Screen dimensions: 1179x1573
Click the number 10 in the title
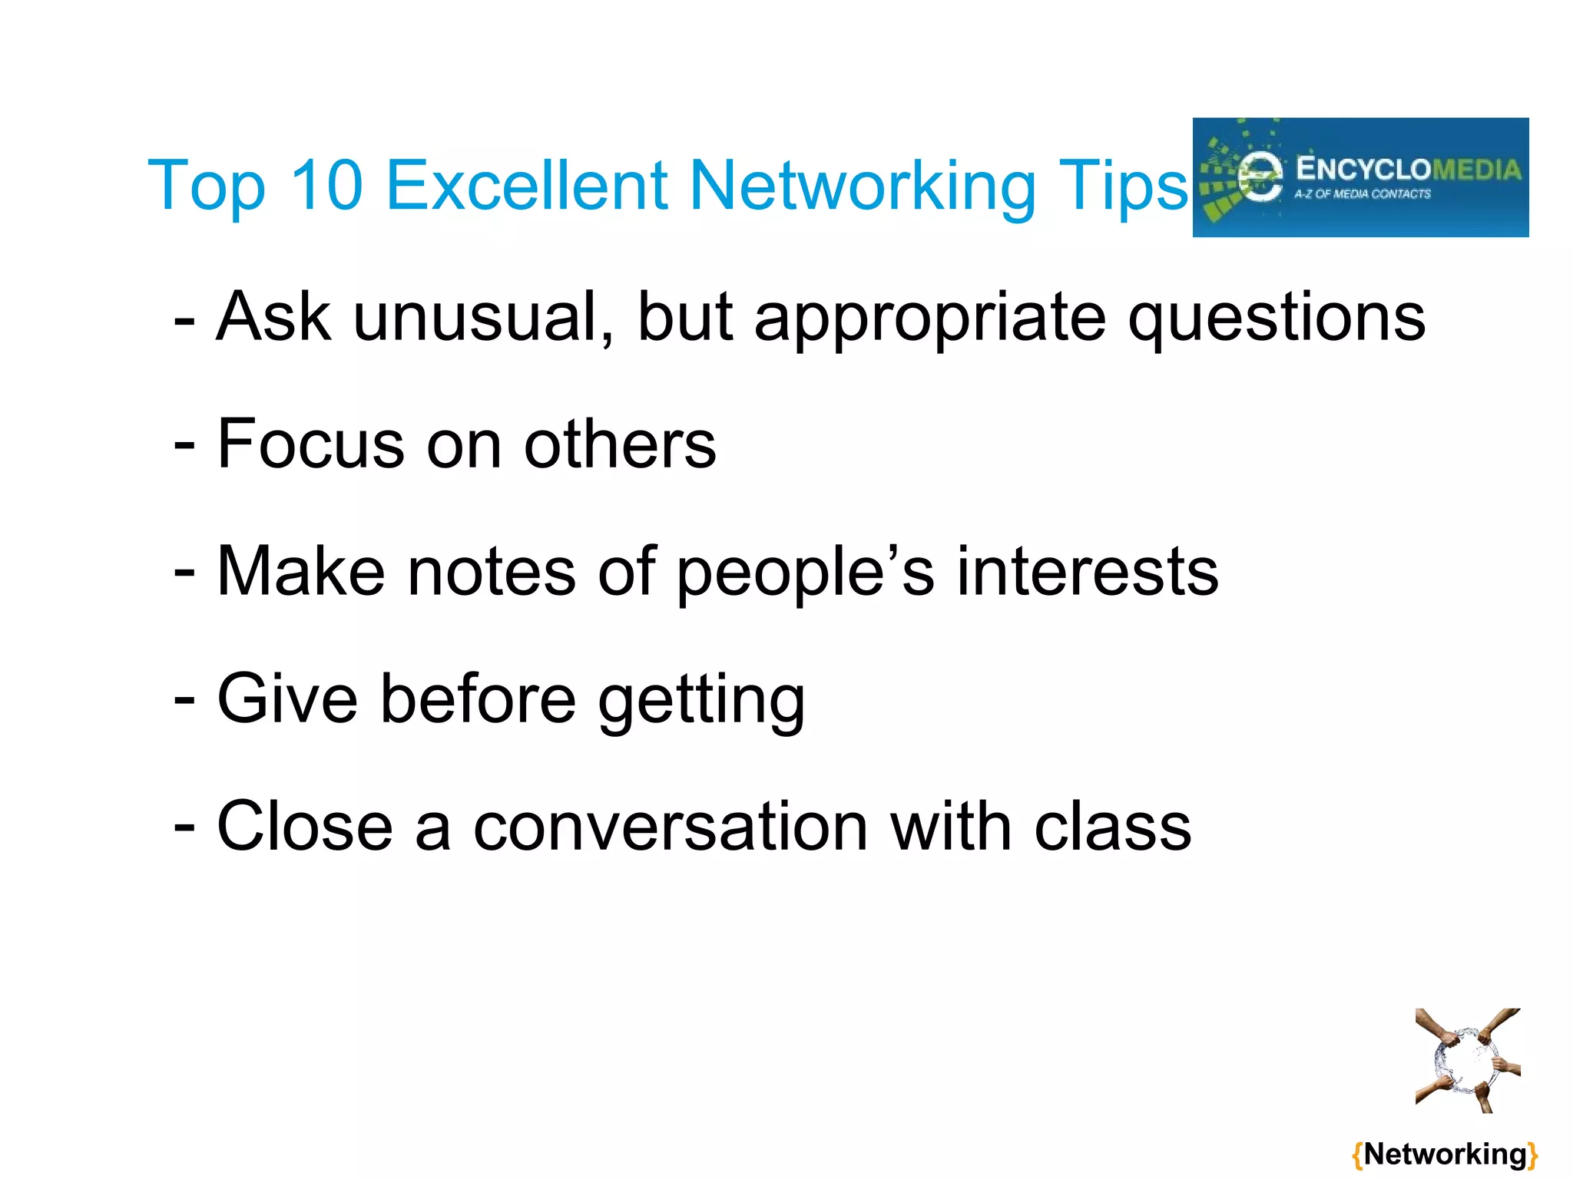coord(326,185)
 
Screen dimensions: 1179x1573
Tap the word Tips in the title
coord(1122,187)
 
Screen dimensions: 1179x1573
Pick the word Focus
coord(310,444)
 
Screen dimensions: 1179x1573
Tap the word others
coord(620,444)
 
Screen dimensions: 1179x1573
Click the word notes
coord(492,572)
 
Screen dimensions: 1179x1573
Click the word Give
coord(287,699)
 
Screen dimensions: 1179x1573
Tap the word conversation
coord(671,827)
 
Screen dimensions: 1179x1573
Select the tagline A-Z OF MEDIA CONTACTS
coord(1363,194)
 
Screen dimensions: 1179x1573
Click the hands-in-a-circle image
coord(1468,1061)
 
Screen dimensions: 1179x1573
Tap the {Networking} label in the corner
coord(1445,1154)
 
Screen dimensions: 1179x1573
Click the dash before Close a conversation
coord(184,827)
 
